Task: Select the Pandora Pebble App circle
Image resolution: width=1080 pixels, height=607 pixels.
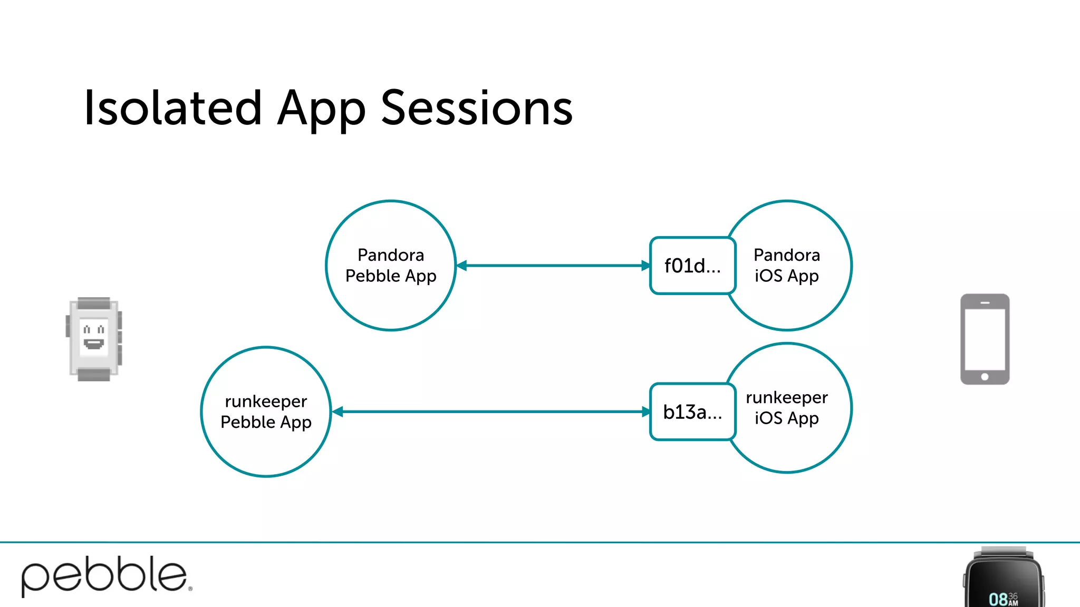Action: pos(391,265)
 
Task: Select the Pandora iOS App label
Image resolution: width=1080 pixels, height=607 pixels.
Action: pos(786,265)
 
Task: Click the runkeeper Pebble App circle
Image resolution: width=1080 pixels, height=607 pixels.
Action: pos(266,412)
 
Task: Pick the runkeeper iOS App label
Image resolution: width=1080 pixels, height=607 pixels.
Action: pos(786,407)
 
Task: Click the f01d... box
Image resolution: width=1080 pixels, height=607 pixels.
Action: pos(692,266)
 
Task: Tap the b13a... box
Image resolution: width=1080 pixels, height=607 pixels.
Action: pos(692,412)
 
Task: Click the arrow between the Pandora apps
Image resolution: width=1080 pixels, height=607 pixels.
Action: pos(554,266)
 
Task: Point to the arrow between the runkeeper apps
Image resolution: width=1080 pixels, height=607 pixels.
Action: pos(490,412)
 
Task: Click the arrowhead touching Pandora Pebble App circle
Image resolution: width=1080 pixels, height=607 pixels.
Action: pos(462,266)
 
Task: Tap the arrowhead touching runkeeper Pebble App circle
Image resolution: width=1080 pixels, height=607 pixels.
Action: pos(338,412)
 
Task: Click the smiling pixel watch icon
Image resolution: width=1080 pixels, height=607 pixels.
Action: pos(94,339)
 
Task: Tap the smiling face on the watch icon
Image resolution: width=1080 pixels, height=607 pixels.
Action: pos(94,337)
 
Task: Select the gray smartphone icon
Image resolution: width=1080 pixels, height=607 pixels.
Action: pos(985,339)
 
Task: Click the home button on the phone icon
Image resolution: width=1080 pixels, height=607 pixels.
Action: pos(985,377)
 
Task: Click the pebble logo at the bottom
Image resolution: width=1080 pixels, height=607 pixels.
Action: pos(105,575)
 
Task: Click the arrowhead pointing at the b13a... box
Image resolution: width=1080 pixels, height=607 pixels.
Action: pos(645,412)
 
